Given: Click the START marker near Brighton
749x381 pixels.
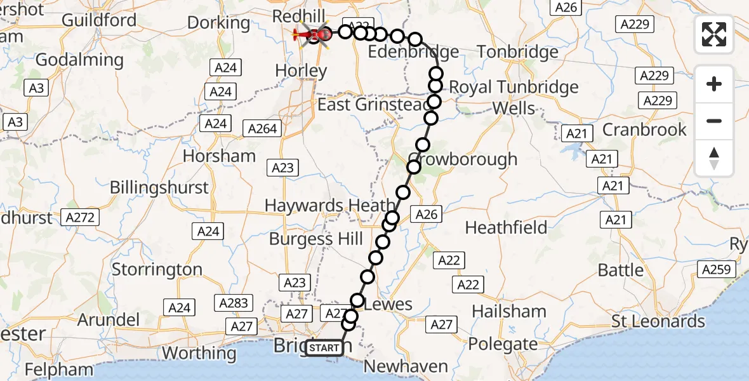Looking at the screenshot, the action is [x=324, y=348].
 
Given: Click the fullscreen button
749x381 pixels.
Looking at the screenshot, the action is [x=714, y=34].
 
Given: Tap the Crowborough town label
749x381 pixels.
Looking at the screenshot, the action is [x=463, y=159].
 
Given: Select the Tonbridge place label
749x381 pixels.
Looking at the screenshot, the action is [x=517, y=51].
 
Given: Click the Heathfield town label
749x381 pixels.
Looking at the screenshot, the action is [x=506, y=227].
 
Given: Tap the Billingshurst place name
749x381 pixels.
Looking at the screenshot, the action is [x=159, y=187].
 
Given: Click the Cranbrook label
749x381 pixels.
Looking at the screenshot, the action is [x=644, y=130].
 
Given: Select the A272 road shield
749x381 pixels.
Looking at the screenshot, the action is [x=81, y=218].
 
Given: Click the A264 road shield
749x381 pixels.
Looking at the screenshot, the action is [x=263, y=129].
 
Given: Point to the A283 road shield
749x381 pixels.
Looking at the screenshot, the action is [x=233, y=303].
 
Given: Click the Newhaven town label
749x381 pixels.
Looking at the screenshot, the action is [x=406, y=366].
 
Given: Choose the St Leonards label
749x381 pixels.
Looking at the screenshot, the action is [x=658, y=321].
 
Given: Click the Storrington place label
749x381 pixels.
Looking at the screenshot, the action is [x=157, y=269].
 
